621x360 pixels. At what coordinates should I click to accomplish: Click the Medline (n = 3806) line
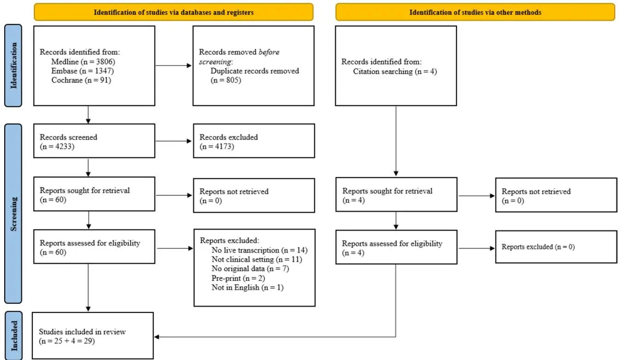tap(83, 62)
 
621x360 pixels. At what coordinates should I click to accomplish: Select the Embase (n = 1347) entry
tap(82, 71)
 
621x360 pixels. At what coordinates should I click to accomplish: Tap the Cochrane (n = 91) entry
tap(81, 80)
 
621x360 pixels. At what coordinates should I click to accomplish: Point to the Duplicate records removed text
tap(255, 71)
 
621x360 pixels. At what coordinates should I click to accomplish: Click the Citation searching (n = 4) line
tap(395, 71)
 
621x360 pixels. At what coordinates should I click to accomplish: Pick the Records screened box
tap(94, 141)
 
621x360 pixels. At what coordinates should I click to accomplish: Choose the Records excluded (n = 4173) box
tap(254, 141)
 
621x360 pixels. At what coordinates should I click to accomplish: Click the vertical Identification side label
tap(13, 65)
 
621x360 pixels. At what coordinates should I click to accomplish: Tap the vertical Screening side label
tap(13, 213)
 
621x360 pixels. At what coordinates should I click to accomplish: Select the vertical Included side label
tap(13, 336)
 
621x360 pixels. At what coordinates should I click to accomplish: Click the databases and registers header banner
tap(174, 12)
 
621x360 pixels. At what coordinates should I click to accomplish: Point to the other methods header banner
tap(475, 12)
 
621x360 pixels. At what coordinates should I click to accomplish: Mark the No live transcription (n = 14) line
tap(259, 250)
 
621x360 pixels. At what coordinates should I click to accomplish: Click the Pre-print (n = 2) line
tap(238, 278)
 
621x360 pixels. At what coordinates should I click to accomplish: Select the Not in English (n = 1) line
tap(247, 287)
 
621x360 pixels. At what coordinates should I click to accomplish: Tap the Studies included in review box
tap(93, 336)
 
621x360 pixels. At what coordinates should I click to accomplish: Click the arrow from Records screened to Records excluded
tap(174, 141)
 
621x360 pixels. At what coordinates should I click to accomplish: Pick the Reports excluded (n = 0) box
tap(556, 247)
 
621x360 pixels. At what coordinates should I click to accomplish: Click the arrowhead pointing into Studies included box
tap(157, 337)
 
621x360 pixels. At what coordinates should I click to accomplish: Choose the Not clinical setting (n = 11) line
tap(257, 260)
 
